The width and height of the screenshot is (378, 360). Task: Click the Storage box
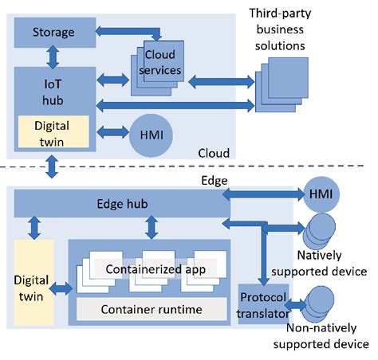point(54,33)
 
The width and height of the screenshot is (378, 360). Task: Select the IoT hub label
point(53,92)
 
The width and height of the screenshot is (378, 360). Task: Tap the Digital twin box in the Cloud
point(53,131)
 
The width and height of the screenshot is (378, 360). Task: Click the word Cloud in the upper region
point(213,153)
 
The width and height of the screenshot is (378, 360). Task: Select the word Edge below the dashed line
point(213,181)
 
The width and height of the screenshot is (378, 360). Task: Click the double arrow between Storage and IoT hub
point(53,57)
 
